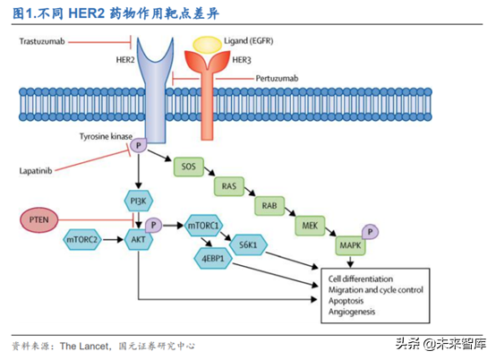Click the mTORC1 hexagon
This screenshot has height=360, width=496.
click(205, 227)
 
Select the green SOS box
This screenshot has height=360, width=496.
click(189, 167)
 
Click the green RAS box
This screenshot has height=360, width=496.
click(229, 187)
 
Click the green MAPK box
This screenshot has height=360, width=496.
click(350, 245)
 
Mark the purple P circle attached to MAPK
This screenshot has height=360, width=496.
click(370, 232)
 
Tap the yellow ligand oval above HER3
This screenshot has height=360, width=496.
click(208, 43)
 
